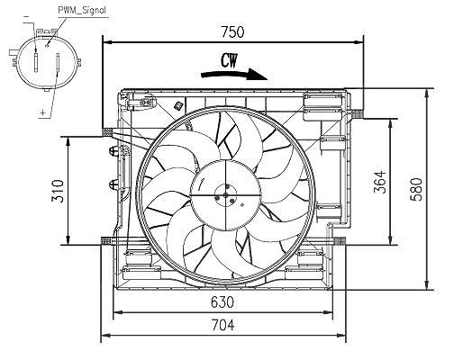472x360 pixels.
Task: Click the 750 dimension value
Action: (232, 31)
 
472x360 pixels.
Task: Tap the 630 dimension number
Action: (222, 302)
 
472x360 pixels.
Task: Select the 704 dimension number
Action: (222, 325)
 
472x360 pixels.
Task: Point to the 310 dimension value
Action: (58, 191)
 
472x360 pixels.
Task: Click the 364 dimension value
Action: (379, 182)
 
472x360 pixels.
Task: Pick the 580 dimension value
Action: (416, 189)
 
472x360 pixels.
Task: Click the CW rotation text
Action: (230, 61)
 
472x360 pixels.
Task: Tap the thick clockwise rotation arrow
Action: (234, 75)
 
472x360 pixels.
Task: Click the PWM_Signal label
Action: (82, 11)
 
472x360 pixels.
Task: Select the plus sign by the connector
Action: (43, 112)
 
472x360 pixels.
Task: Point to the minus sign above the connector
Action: (26, 16)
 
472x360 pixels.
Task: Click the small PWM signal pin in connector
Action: (47, 46)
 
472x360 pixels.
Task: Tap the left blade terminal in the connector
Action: (36, 63)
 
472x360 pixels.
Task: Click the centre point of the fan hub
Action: (225, 195)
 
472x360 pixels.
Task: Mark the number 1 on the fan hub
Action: (202, 184)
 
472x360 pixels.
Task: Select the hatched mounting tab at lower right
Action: (340, 241)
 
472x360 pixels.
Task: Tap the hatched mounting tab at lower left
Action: (106, 241)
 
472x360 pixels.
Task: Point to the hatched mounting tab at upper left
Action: (107, 132)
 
